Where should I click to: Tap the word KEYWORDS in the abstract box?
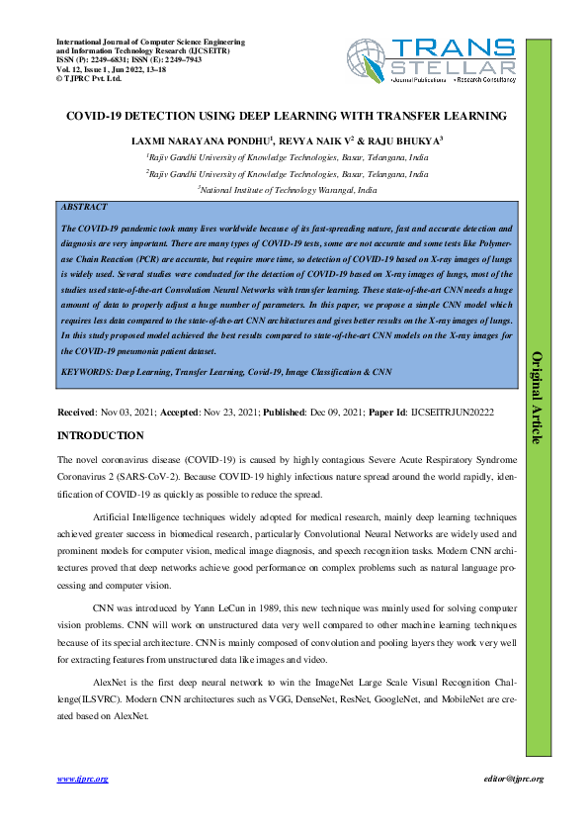coord(87,371)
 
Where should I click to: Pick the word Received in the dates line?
coord(77,411)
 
